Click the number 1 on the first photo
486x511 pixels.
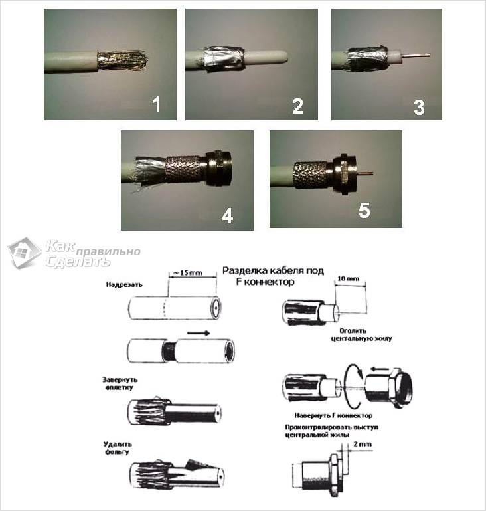pos(157,104)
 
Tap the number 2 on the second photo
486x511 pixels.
pos(297,106)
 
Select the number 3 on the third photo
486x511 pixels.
pos(419,107)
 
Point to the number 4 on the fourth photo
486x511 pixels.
pos(228,216)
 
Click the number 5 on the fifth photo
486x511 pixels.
pos(364,210)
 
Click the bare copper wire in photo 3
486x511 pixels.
pos(416,55)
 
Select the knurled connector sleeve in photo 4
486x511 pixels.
pos(183,169)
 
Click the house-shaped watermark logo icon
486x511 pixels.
pos(25,253)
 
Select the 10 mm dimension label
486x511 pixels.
pos(349,278)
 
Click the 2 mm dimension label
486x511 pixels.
pos(363,444)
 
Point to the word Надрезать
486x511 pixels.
pos(124,284)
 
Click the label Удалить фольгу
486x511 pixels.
pos(117,448)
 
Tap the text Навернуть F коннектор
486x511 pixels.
pos(334,415)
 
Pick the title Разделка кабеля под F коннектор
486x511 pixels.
pos(273,276)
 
